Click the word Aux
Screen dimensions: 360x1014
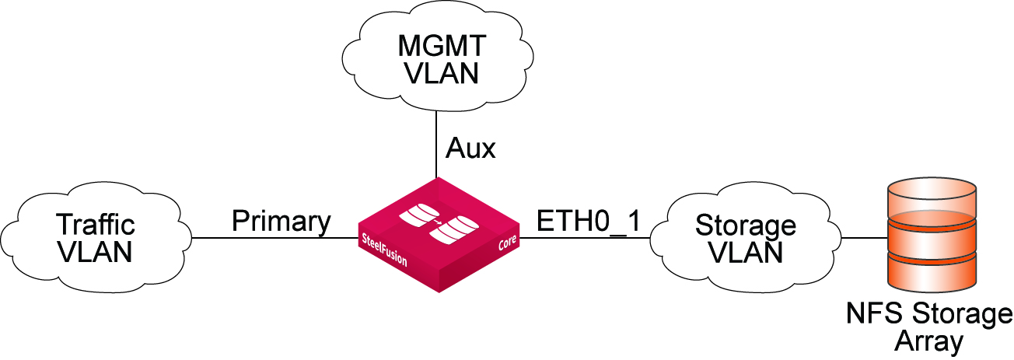click(x=470, y=148)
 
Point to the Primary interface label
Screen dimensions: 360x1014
click(x=281, y=222)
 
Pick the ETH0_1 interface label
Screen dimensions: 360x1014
click(x=589, y=222)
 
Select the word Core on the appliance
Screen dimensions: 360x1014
click(x=505, y=249)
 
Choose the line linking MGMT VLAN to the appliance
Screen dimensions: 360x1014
click(x=435, y=144)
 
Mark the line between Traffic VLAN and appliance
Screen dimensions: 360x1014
click(x=272, y=238)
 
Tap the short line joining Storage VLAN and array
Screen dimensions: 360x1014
click(x=864, y=238)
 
